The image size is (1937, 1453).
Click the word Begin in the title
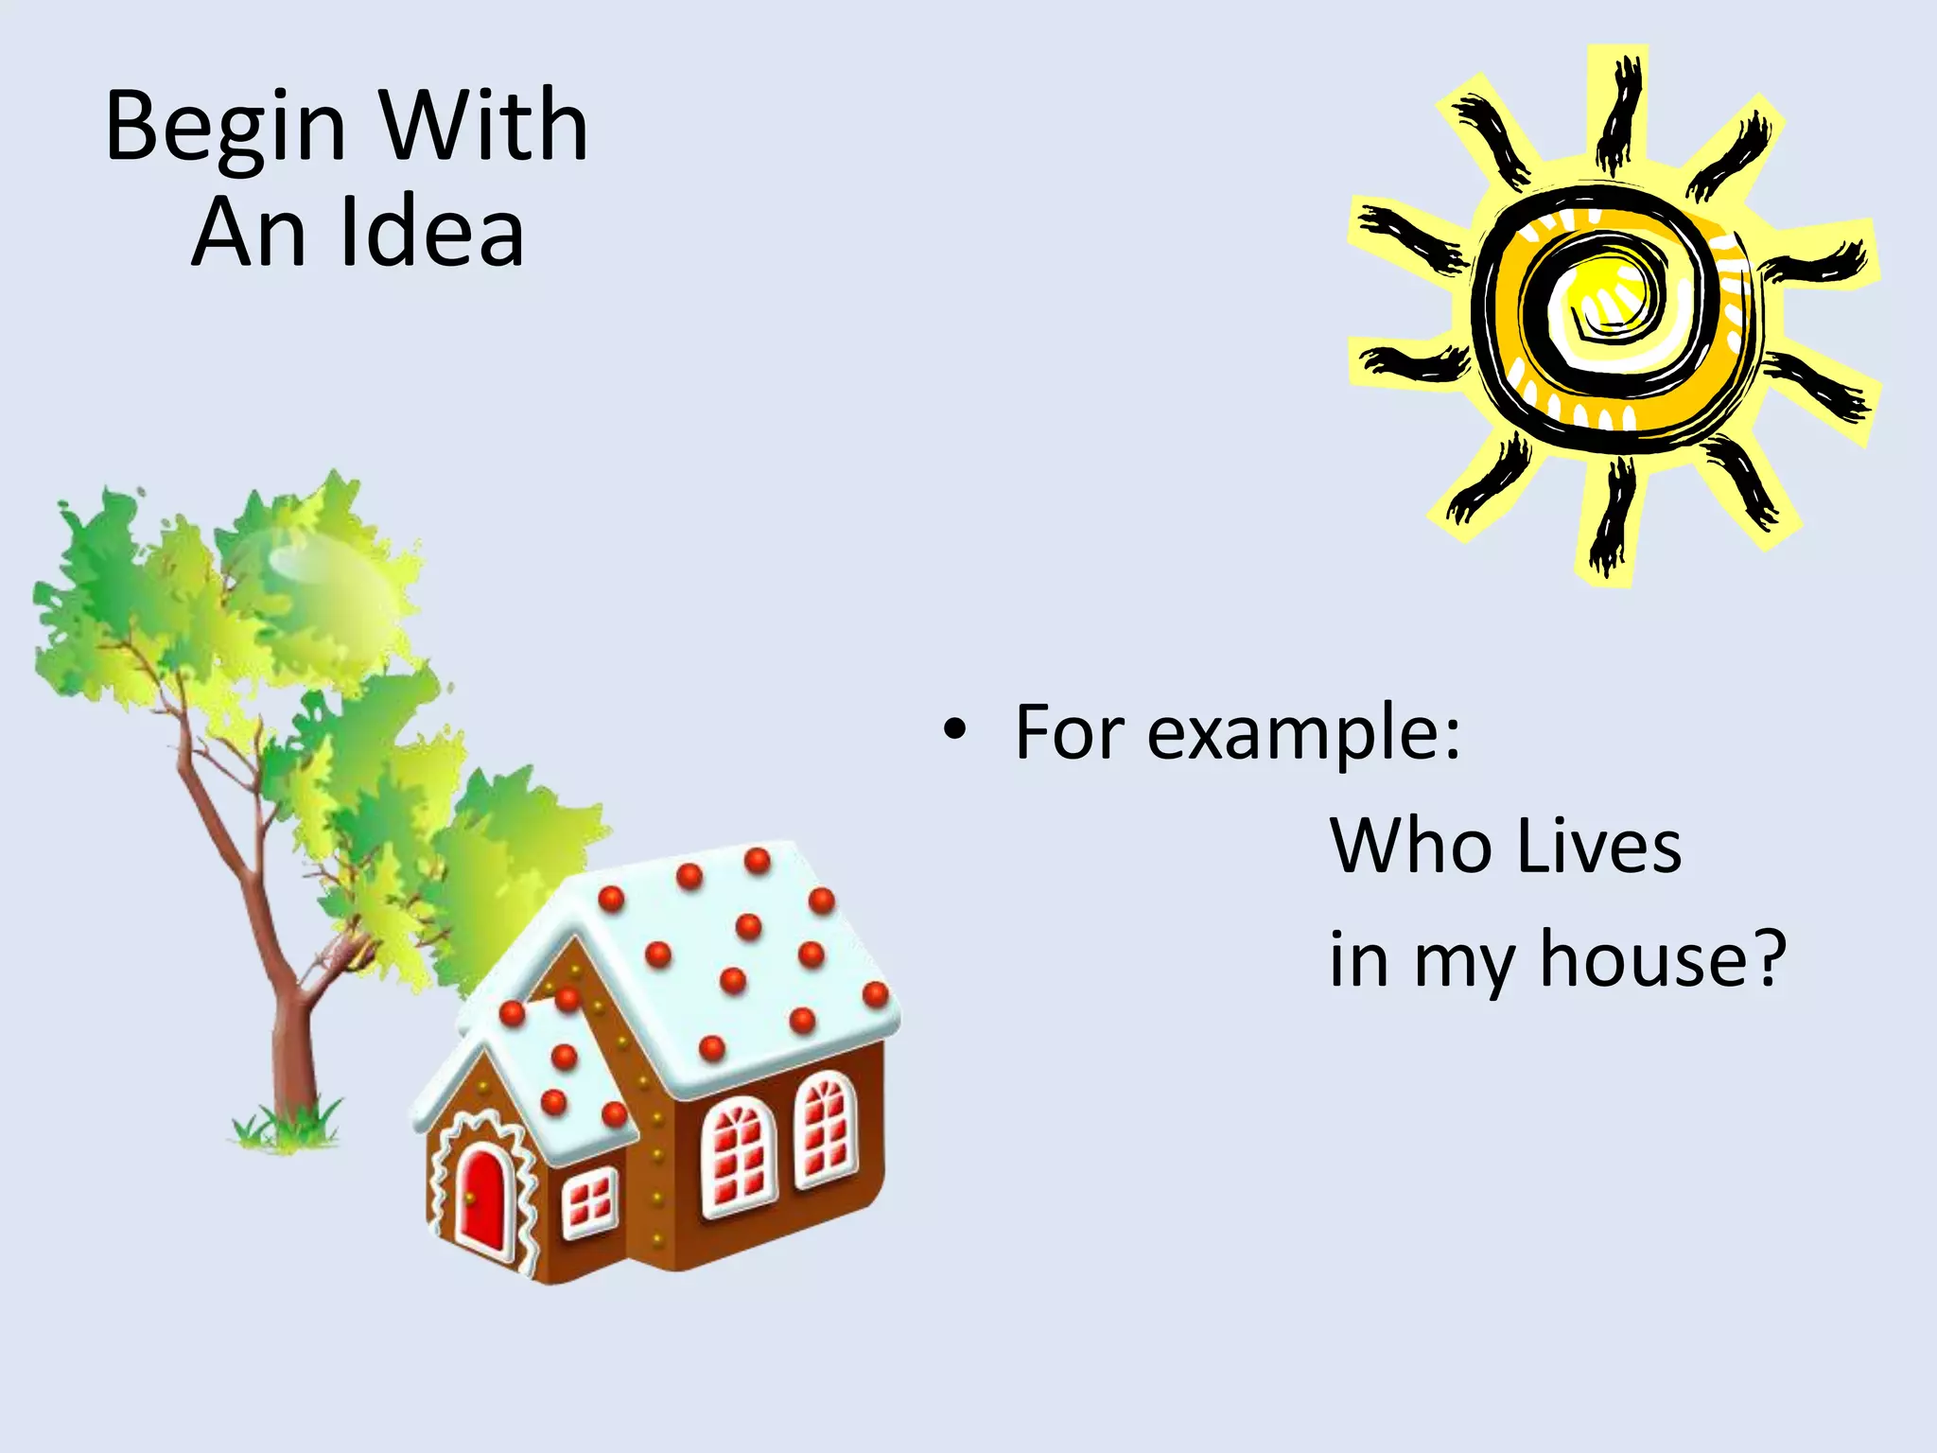click(225, 128)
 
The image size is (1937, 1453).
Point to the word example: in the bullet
click(1304, 734)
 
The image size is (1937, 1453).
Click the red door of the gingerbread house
click(483, 1198)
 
